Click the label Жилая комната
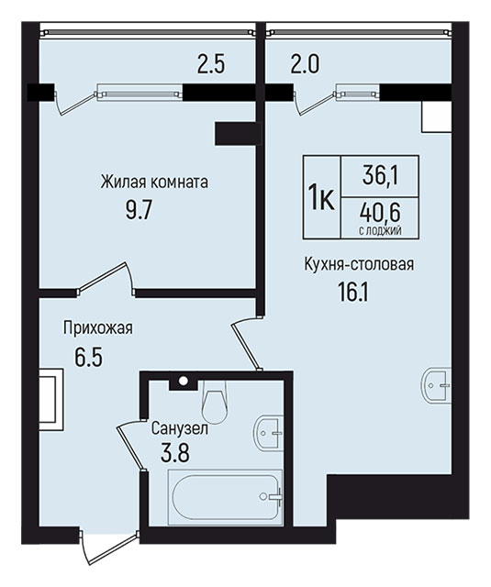pos(154,183)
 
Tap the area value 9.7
pos(139,211)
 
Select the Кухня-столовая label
pos(359,264)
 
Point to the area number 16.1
pos(353,293)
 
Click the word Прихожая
pos(98,328)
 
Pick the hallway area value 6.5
pos(88,358)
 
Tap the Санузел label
pos(179,428)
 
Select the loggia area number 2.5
pos(211,64)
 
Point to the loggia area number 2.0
pos(305,64)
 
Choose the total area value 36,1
pos(380,175)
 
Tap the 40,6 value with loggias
pos(380,212)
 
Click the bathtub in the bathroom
pos(226,497)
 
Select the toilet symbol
pos(214,401)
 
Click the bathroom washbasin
pos(269,433)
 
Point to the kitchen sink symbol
pos(437,385)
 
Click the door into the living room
pos(106,278)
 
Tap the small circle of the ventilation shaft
pos(184,381)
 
